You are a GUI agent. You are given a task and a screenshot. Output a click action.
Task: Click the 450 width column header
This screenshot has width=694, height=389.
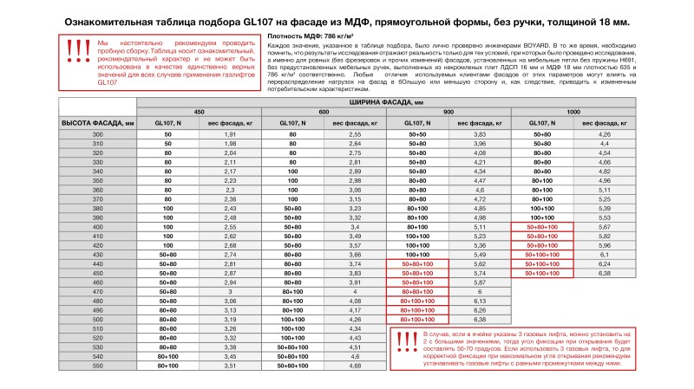coord(200,113)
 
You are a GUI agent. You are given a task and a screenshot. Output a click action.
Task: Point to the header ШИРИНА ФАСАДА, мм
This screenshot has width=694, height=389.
coord(386,102)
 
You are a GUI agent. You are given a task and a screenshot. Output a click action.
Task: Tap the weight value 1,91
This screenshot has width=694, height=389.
coord(231,136)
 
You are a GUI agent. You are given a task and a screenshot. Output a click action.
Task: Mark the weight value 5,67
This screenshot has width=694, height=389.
coord(605,228)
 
